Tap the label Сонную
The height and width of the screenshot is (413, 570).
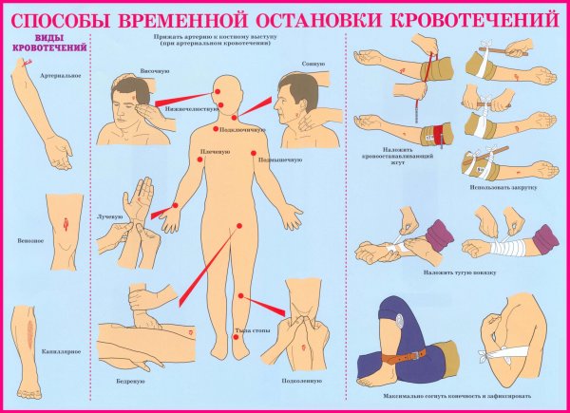click(314, 64)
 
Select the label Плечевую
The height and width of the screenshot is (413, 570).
click(216, 152)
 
